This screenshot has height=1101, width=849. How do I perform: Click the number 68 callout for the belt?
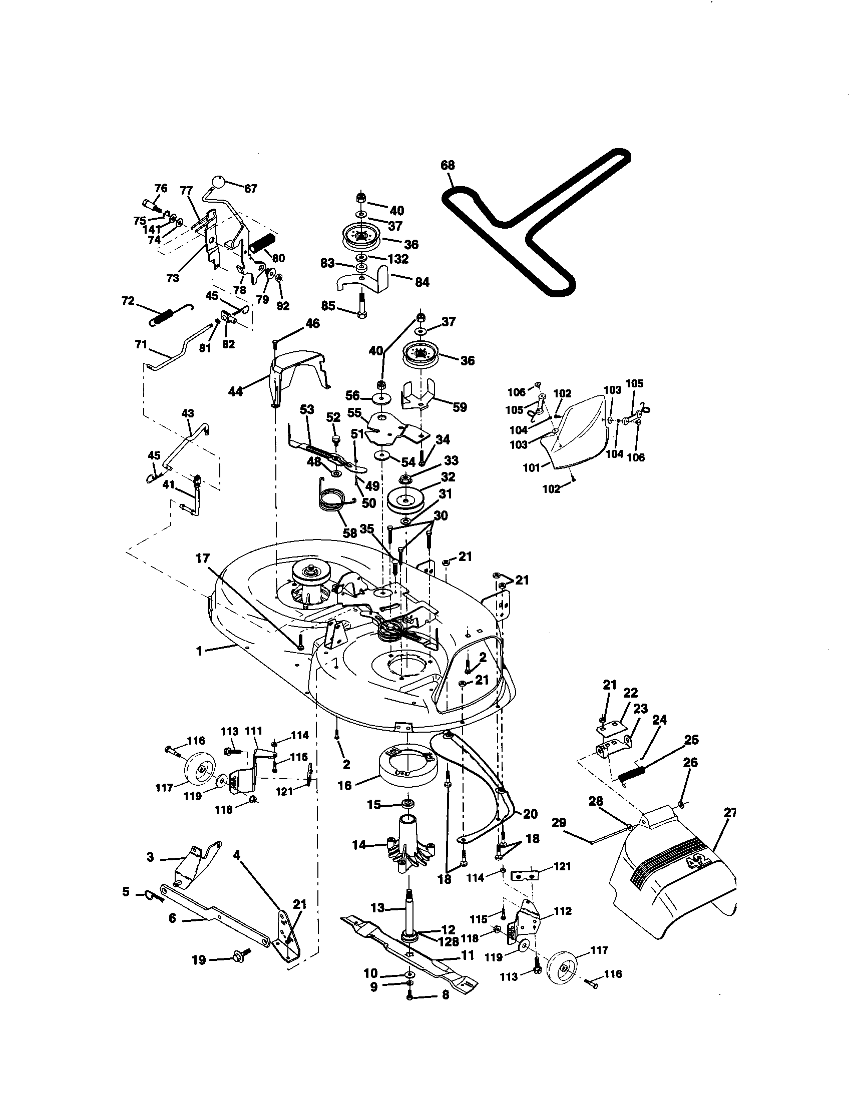447,165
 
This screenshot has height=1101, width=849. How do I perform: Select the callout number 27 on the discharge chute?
729,813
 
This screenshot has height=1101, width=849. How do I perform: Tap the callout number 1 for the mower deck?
199,651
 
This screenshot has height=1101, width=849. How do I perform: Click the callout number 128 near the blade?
448,941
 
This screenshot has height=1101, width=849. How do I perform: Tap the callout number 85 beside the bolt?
328,306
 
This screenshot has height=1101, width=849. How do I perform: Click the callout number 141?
151,229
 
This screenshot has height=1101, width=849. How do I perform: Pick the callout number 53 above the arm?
307,409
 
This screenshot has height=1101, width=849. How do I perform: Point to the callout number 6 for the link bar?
172,918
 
